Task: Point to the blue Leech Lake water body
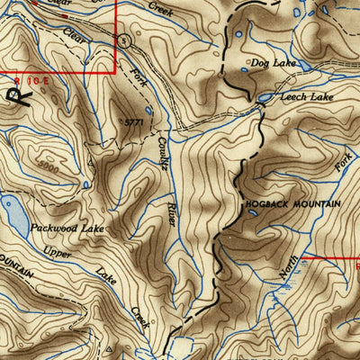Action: pyautogui.click(x=265, y=97)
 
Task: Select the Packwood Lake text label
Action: pyautogui.click(x=67, y=229)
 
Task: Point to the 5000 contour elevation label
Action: pyautogui.click(x=50, y=169)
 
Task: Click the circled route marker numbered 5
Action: pyautogui.click(x=124, y=40)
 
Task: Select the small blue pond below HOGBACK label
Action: pyautogui.click(x=252, y=212)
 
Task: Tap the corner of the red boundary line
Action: pyautogui.click(x=115, y=71)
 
